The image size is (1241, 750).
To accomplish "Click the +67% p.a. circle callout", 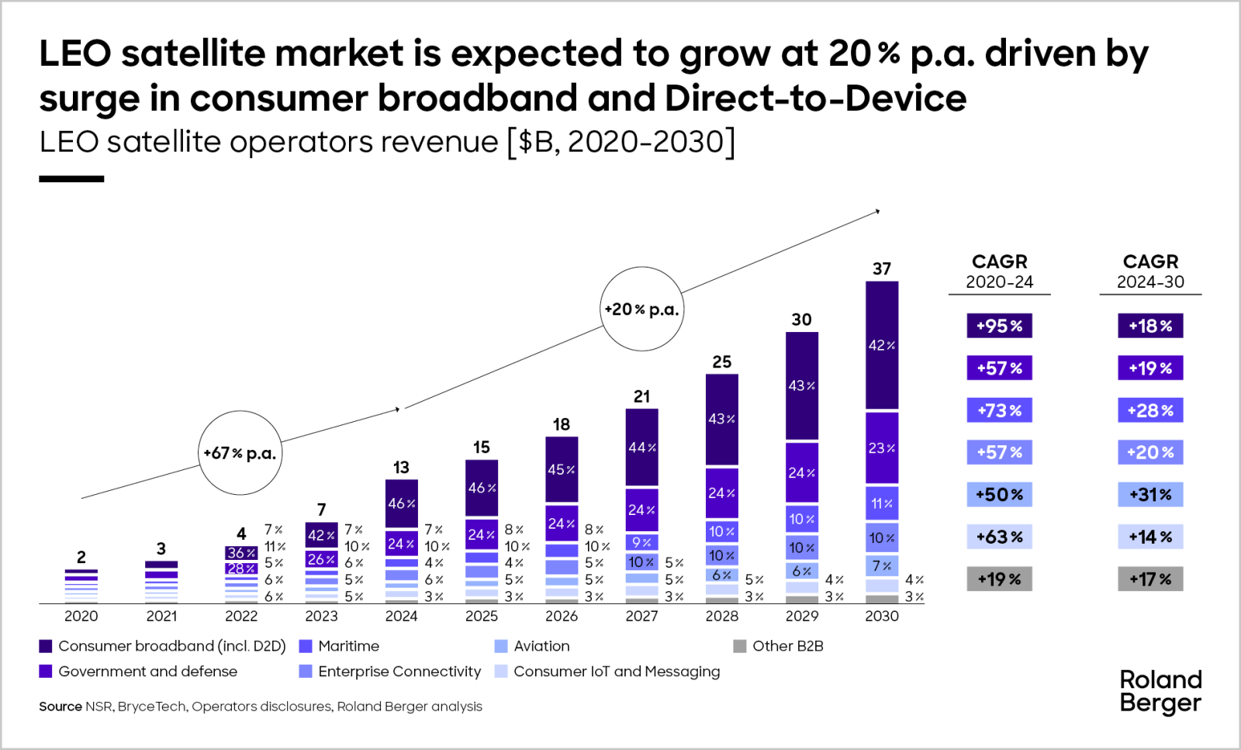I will (x=240, y=453).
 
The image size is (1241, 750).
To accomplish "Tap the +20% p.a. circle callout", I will (x=641, y=309).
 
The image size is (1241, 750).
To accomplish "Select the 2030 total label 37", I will (x=882, y=269).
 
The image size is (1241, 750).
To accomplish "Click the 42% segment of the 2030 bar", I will (x=882, y=345).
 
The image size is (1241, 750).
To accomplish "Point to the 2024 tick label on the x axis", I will (x=401, y=616).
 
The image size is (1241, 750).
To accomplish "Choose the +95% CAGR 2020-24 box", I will (x=999, y=326).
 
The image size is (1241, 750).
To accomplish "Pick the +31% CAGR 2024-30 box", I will (x=1150, y=494).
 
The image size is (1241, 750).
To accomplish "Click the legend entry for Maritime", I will (x=348, y=646).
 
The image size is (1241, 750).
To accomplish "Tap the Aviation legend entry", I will (x=541, y=646).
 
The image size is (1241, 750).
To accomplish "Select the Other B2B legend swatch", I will (x=740, y=646).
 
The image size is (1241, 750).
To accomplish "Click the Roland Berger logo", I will (x=1160, y=691).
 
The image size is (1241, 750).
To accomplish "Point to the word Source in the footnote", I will (x=60, y=707).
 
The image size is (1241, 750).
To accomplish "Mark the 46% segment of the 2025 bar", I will (x=482, y=488).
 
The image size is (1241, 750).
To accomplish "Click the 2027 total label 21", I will (x=641, y=396).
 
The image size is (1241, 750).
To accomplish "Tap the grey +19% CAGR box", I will (x=999, y=579).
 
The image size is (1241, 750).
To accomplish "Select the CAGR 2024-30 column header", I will (x=1150, y=271).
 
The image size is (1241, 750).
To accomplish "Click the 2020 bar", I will (x=81, y=586).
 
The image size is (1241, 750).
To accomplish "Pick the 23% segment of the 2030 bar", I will (x=882, y=448).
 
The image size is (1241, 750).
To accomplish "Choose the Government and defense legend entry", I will (x=147, y=672).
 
